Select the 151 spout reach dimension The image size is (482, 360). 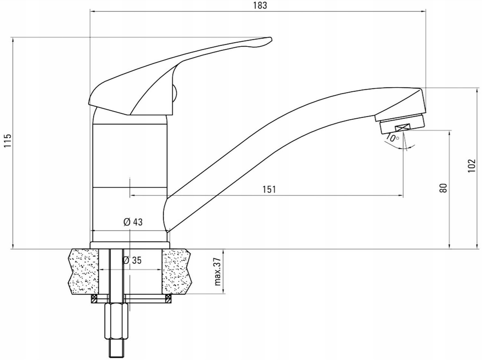269,189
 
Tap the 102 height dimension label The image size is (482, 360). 471,166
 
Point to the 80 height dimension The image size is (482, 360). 443,188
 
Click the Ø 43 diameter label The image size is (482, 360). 133,222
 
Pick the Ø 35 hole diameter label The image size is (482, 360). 132,260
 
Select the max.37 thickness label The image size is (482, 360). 218,272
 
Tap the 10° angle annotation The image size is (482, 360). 392,139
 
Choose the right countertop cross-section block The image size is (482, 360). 177,272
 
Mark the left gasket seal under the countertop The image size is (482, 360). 94,299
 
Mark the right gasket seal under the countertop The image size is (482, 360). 168,299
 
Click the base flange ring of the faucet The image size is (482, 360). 130,245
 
